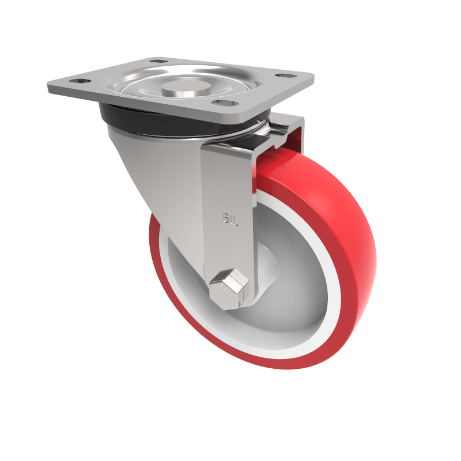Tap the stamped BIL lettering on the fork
(230, 218)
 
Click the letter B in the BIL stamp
(225, 218)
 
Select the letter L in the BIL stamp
(235, 218)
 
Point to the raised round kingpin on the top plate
(179, 88)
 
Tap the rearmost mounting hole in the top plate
(158, 60)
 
